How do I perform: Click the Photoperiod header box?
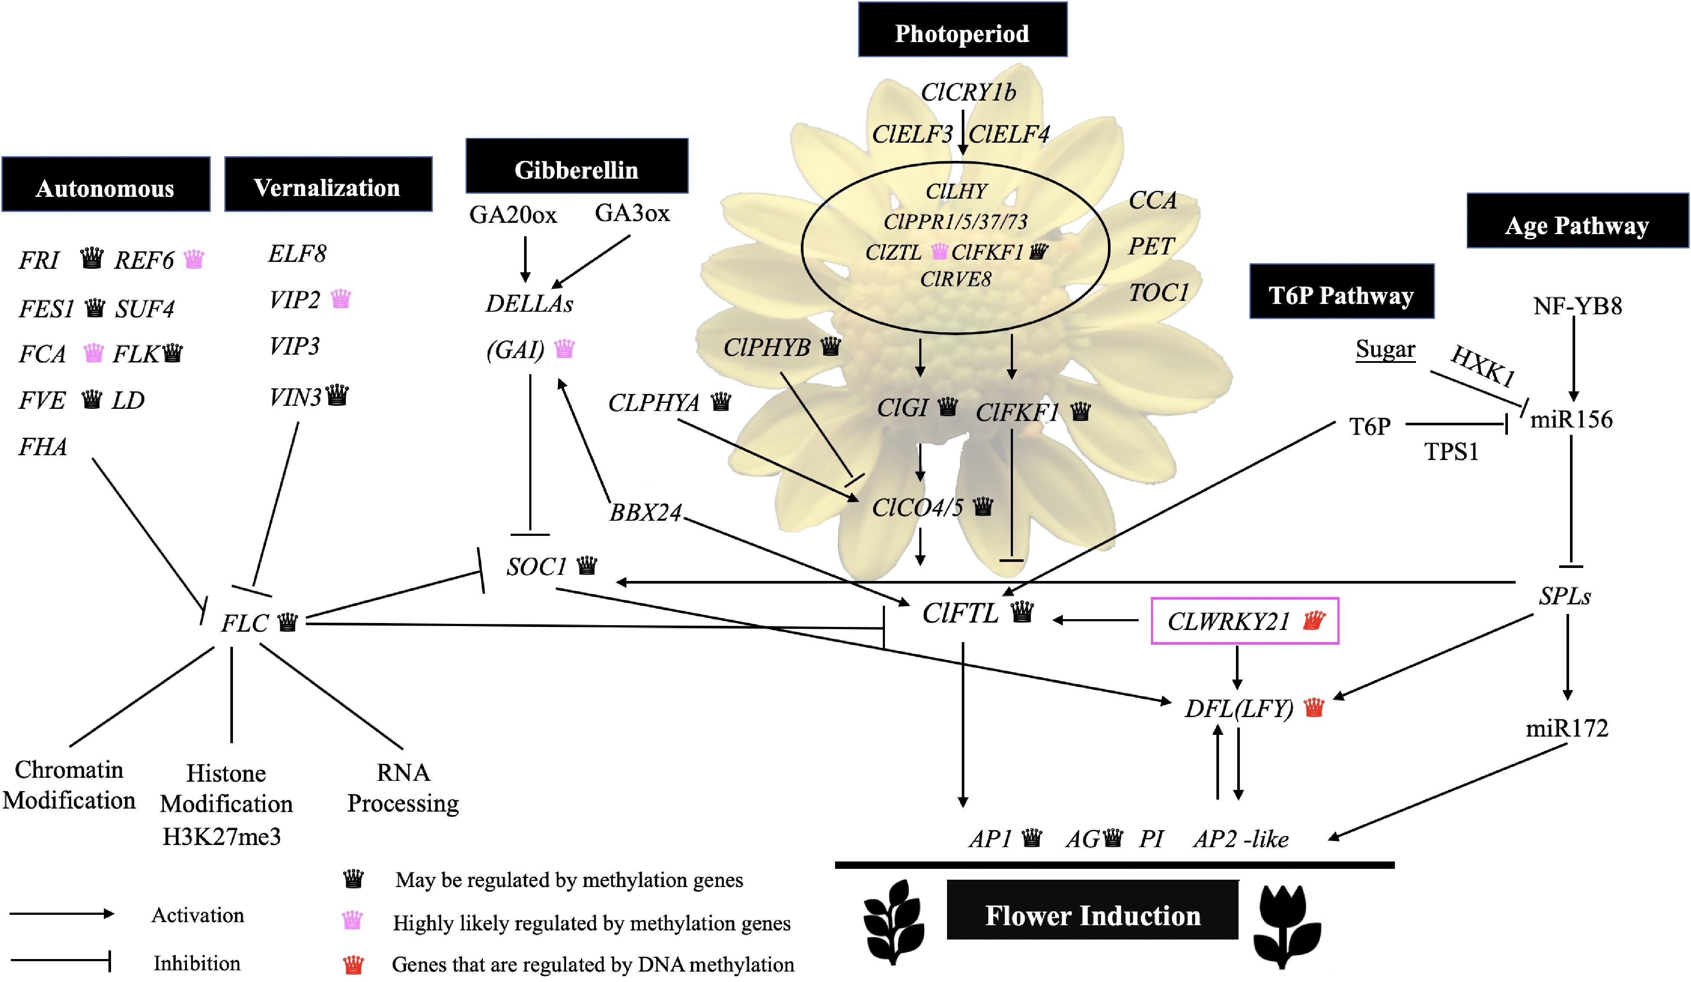(962, 30)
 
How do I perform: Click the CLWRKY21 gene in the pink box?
(1228, 621)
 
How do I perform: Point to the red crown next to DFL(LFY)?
(1313, 707)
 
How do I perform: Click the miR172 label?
(1567, 728)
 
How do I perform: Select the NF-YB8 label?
(1577, 306)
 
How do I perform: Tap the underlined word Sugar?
(1385, 349)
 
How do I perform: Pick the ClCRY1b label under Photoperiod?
(968, 92)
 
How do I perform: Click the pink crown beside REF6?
(194, 258)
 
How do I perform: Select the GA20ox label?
(513, 215)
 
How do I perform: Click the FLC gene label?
(245, 623)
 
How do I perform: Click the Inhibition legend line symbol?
(60, 960)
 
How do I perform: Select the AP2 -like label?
(1241, 838)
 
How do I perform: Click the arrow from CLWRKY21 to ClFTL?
(1095, 620)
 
